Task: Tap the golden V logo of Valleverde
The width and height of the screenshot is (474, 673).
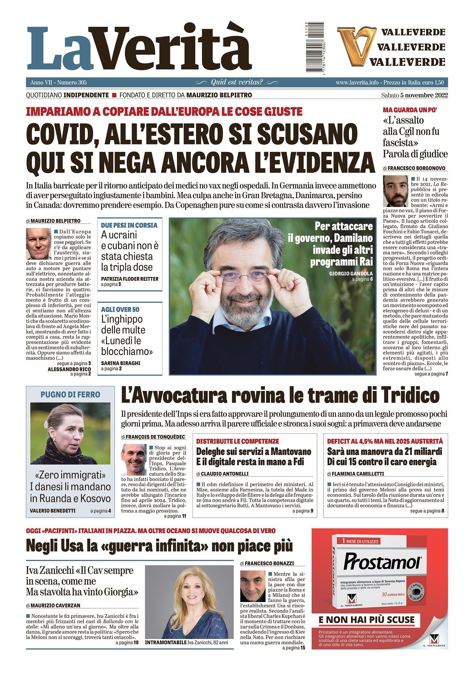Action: tap(354, 47)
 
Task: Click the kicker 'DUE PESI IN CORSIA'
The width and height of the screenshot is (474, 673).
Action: tap(129, 225)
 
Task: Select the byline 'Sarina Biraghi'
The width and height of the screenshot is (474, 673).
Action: tap(121, 363)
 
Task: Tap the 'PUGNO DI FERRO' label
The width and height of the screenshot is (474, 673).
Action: tap(70, 395)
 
